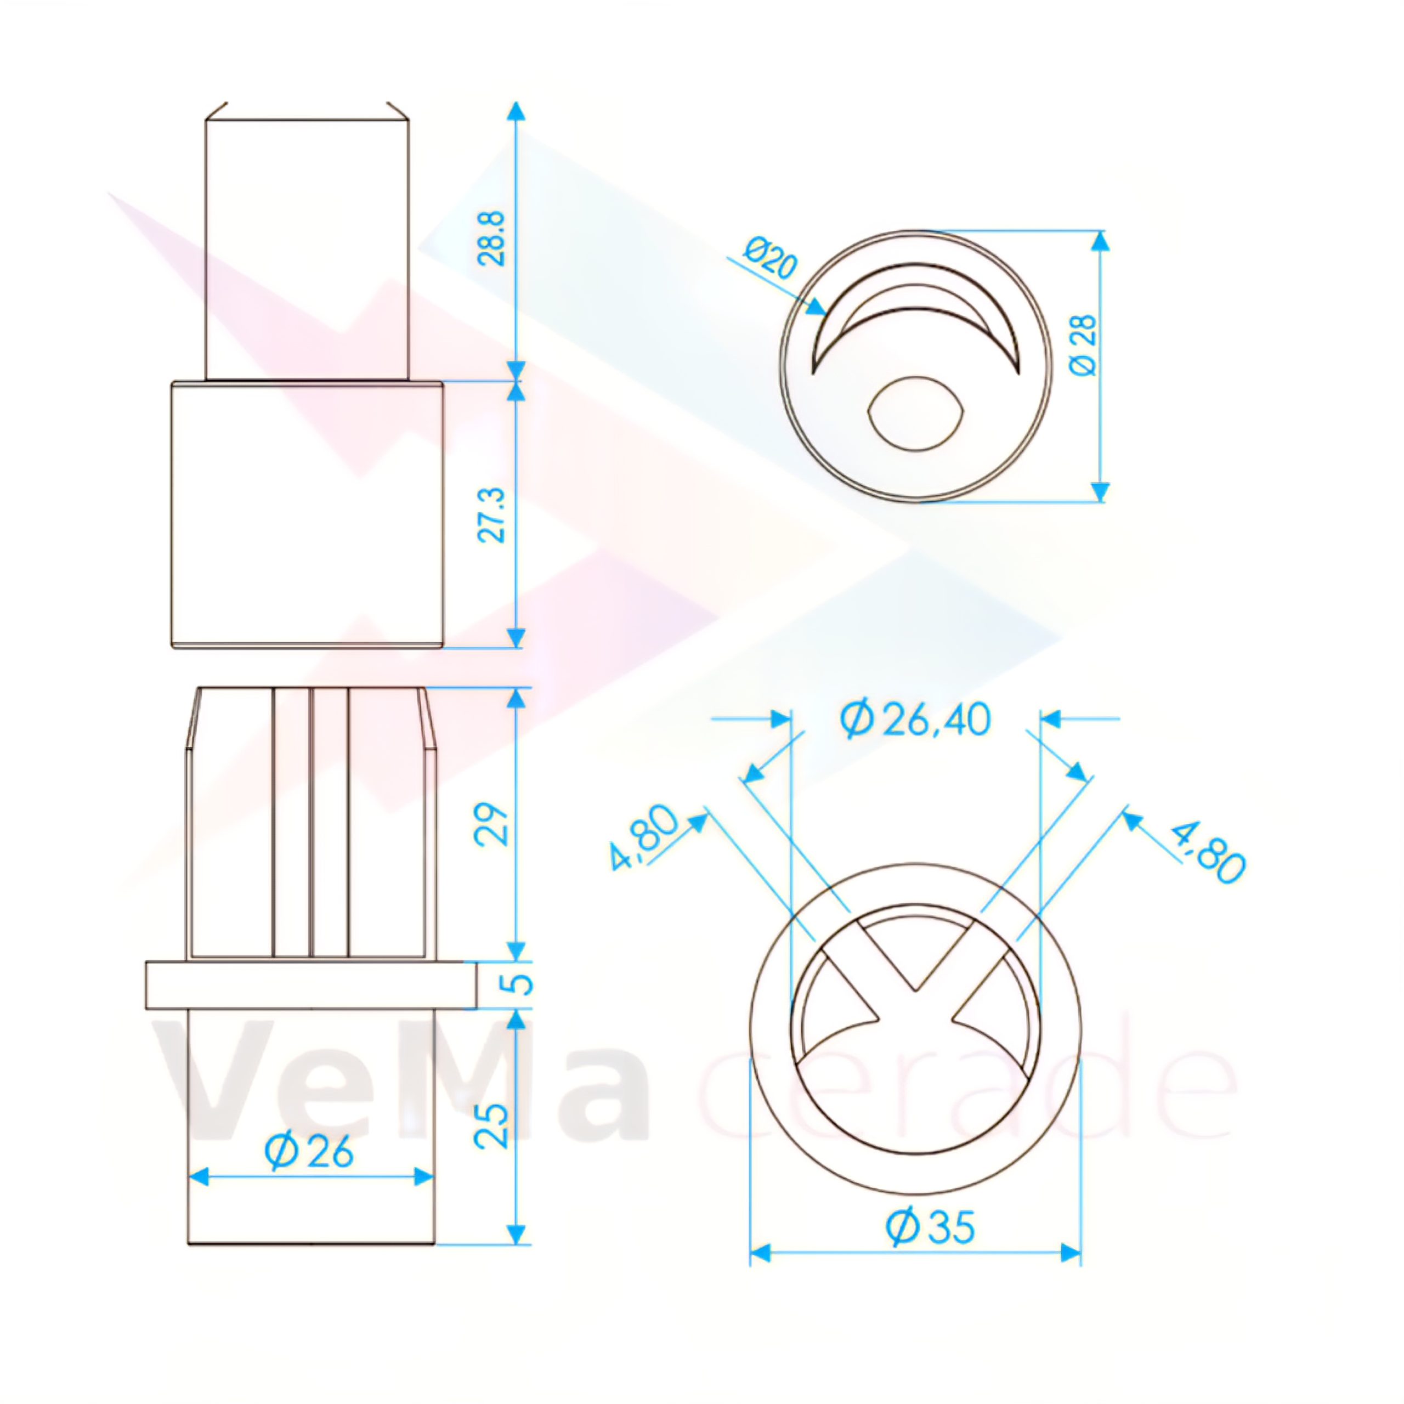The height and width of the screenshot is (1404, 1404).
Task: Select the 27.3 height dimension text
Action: (x=492, y=514)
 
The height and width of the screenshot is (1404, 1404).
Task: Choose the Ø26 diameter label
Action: (x=309, y=1151)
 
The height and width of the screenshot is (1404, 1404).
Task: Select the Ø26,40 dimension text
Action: (x=915, y=720)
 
